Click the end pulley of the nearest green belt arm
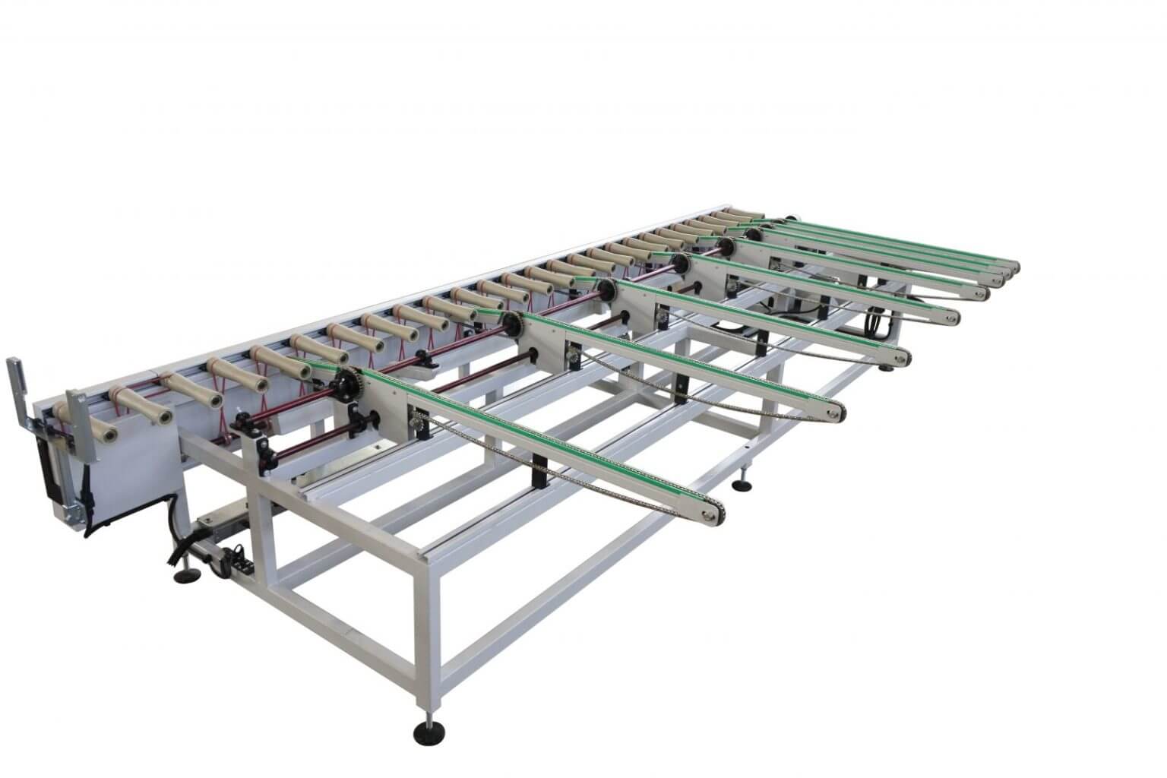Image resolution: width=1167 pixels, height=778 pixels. [712, 517]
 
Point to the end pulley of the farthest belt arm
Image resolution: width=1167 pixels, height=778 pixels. [1014, 267]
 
